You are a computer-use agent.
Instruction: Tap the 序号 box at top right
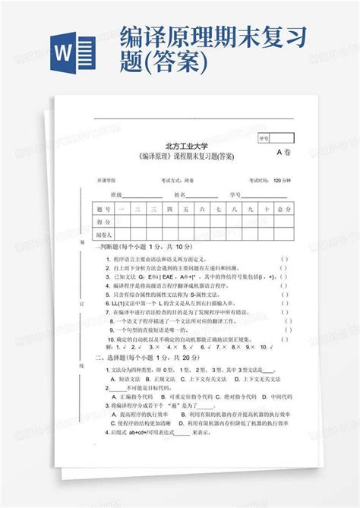(264, 139)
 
